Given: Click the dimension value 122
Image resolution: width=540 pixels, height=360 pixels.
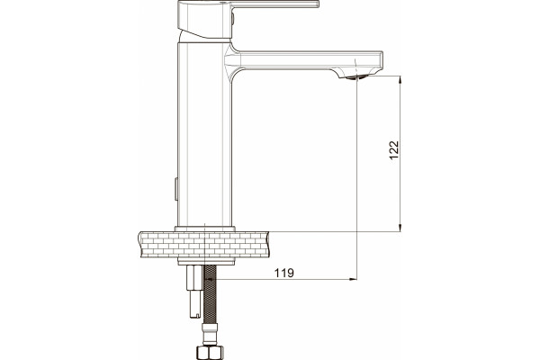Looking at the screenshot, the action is (x=394, y=150).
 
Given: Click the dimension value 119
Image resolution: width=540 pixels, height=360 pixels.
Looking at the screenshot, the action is (x=284, y=273).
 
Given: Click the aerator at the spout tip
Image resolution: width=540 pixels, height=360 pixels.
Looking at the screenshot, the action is (x=357, y=77).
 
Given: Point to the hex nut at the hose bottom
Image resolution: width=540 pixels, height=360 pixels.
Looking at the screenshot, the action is (x=210, y=353).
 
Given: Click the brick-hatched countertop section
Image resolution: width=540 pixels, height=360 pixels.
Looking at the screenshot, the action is (x=204, y=244).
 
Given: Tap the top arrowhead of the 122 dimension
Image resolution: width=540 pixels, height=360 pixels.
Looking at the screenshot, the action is (x=400, y=80).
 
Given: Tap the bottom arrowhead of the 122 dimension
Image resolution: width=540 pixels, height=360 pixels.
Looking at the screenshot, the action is (x=400, y=228).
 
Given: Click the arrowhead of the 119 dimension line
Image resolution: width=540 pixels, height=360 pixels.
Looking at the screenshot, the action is (x=353, y=279).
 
